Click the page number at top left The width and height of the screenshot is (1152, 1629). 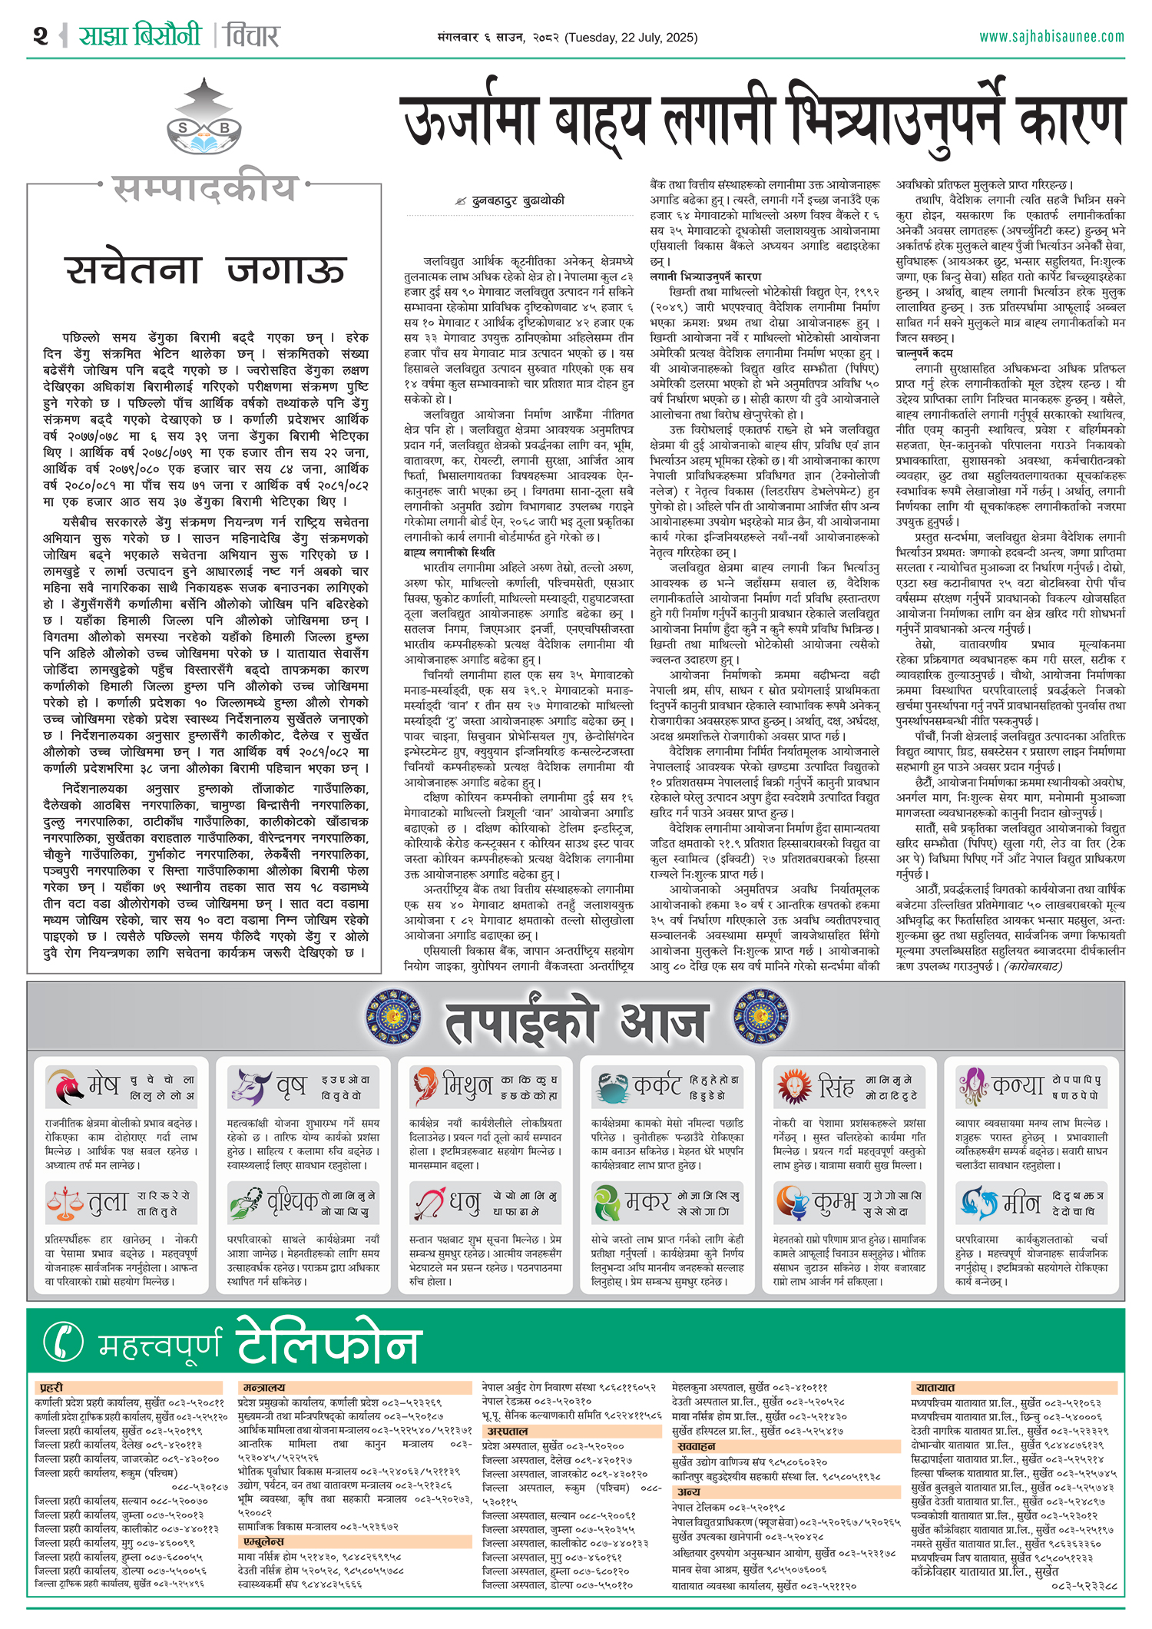41,36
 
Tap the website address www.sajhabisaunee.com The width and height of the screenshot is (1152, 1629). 1051,37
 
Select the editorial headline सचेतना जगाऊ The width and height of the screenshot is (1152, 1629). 204,270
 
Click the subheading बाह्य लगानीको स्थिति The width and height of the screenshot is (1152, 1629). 449,552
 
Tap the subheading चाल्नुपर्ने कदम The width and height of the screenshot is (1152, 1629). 924,353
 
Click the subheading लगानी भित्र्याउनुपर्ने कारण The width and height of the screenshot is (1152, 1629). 705,276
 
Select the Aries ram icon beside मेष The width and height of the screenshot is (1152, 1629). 65,1087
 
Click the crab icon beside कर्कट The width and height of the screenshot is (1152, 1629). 611,1087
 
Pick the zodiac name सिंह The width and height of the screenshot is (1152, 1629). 836,1087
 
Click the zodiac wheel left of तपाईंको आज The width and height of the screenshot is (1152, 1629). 393,1018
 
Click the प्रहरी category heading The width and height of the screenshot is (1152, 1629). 51,1388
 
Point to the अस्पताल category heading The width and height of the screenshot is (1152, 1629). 508,1432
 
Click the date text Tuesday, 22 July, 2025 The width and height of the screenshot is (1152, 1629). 631,38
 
